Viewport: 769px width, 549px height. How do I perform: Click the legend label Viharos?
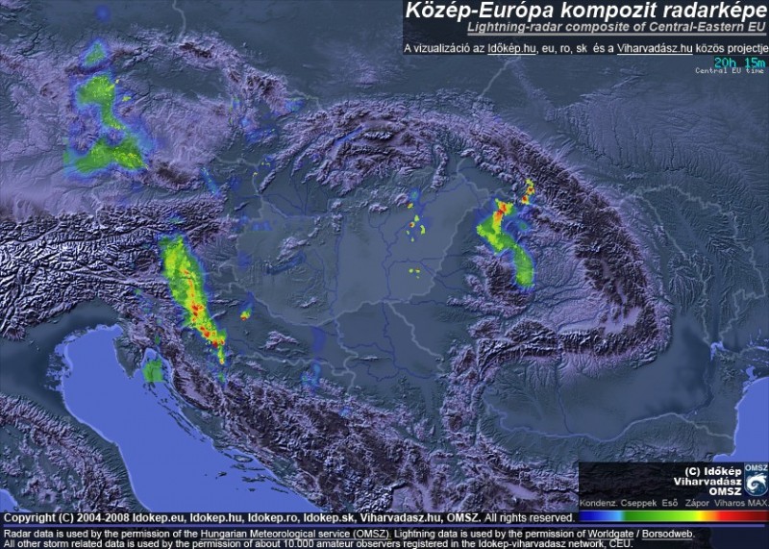tap(728, 502)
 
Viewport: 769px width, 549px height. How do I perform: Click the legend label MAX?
tap(757, 502)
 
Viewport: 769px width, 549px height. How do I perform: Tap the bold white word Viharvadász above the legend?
tap(707, 479)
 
